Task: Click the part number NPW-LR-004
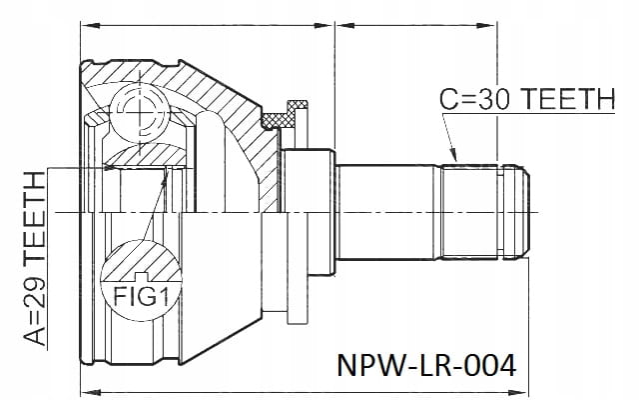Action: (426, 365)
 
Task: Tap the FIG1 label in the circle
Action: (141, 296)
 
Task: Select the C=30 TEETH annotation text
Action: (527, 99)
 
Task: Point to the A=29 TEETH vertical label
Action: (34, 259)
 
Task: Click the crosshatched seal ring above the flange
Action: (278, 121)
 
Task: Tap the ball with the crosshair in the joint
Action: (139, 111)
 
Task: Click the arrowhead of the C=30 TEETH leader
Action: (453, 155)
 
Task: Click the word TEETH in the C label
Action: (568, 99)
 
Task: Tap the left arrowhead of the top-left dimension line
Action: (90, 25)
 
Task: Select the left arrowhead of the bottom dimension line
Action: (91, 393)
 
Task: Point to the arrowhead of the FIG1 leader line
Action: (165, 176)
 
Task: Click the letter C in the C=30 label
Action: (448, 99)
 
